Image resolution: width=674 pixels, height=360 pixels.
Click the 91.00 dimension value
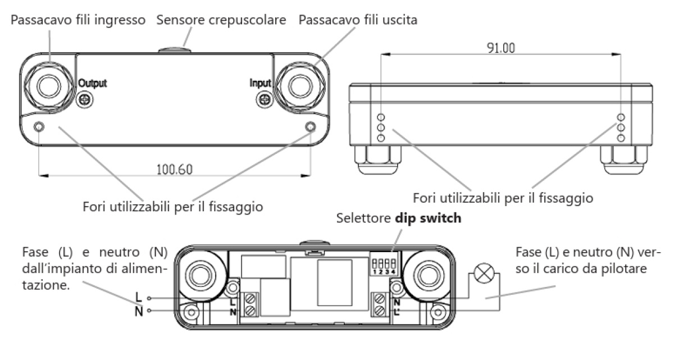499,48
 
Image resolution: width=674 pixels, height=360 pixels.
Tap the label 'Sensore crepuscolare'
221,20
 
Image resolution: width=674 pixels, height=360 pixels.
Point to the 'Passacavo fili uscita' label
358,20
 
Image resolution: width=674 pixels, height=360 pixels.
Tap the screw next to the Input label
263,99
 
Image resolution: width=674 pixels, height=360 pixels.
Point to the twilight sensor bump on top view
175,51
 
